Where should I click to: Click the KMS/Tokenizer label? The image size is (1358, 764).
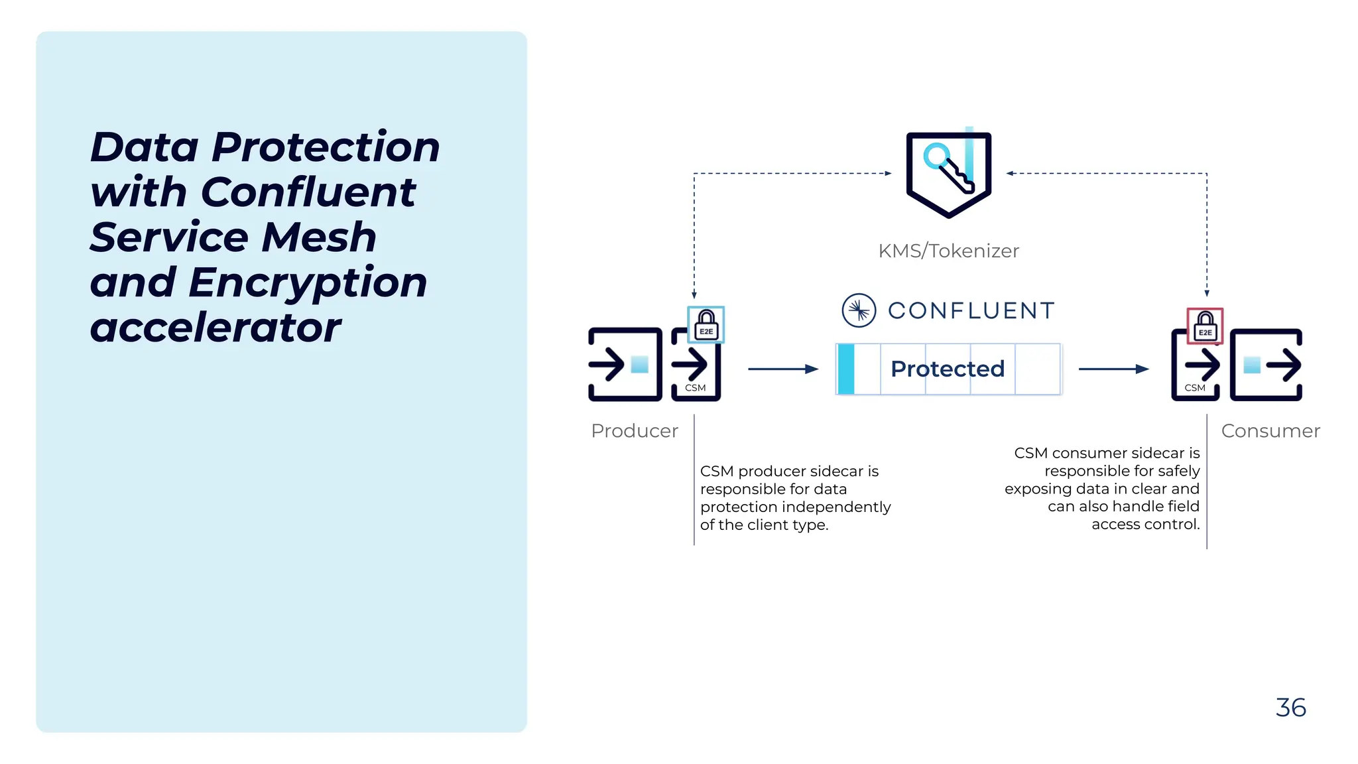click(x=948, y=251)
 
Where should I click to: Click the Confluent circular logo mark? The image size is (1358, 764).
click(x=859, y=310)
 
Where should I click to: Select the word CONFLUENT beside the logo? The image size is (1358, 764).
click(x=971, y=310)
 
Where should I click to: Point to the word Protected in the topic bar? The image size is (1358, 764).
click(x=948, y=369)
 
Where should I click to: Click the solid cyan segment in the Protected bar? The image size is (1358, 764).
click(x=846, y=369)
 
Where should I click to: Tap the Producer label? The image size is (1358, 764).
click(x=635, y=431)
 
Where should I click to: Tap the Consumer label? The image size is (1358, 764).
click(x=1270, y=431)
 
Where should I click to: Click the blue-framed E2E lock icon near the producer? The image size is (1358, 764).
click(x=706, y=325)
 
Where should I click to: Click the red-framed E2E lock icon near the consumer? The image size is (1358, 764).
click(x=1205, y=326)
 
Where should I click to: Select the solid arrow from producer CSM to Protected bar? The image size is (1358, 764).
click(x=783, y=369)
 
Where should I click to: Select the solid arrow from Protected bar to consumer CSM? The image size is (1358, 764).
click(x=1113, y=369)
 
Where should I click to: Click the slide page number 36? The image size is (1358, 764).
click(x=1290, y=708)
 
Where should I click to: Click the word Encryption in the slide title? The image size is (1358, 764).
click(x=308, y=283)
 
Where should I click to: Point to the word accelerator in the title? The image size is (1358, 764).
click(x=216, y=328)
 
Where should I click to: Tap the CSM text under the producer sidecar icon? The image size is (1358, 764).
click(x=695, y=388)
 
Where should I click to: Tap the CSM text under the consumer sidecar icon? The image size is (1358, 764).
click(x=1195, y=388)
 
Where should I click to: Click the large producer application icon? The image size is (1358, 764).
click(x=625, y=364)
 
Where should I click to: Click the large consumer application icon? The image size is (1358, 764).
click(x=1266, y=364)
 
